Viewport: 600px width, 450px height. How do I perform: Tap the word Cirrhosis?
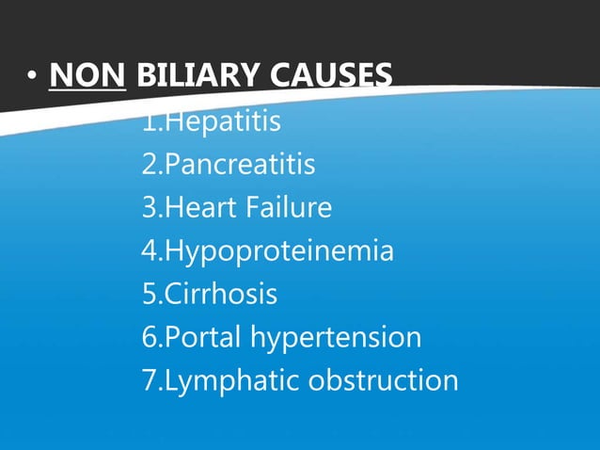(x=221, y=295)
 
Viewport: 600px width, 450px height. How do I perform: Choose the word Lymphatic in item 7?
(x=221, y=381)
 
